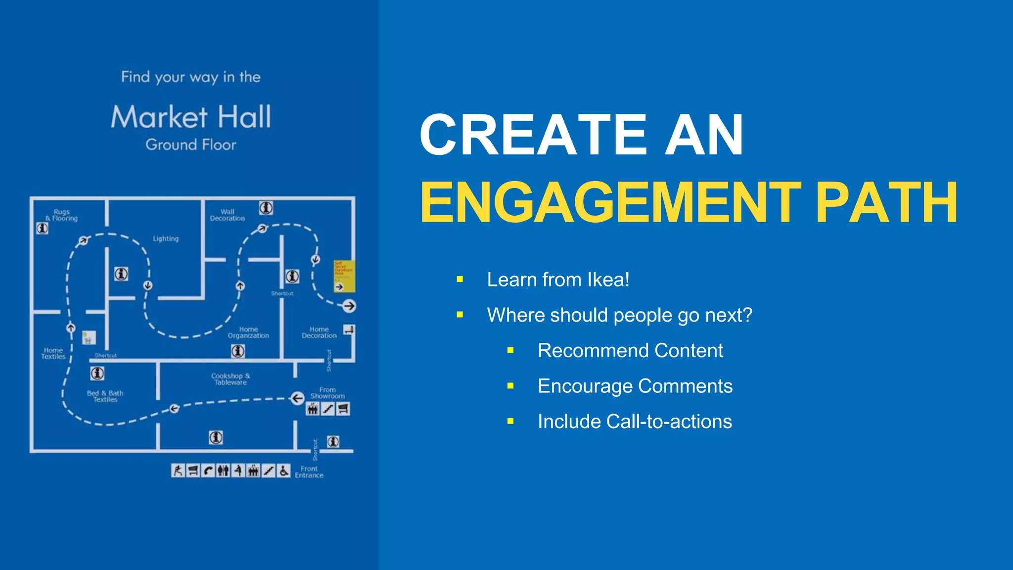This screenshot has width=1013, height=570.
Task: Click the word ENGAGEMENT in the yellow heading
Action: [610, 203]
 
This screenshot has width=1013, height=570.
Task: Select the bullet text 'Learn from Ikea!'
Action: [558, 280]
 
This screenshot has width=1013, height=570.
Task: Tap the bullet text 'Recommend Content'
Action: [630, 350]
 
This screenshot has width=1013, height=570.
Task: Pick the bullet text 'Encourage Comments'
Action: [635, 386]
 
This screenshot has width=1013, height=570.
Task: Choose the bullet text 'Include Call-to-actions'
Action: [635, 422]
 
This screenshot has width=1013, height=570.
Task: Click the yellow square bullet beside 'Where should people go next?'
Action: [460, 315]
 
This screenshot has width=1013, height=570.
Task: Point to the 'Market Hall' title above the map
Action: [191, 117]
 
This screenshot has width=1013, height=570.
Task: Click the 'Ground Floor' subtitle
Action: [191, 144]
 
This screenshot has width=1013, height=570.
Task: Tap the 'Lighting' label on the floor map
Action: [166, 238]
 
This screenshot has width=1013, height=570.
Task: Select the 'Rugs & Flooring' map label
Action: [62, 215]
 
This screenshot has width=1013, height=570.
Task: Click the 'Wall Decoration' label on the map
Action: [228, 215]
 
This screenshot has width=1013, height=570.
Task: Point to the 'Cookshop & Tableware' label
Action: [230, 379]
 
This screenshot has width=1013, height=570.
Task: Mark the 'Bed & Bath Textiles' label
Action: [105, 396]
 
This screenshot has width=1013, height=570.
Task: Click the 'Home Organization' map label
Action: [248, 332]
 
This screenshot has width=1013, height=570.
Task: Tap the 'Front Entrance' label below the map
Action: [309, 472]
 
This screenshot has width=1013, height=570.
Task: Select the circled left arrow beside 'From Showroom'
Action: [297, 398]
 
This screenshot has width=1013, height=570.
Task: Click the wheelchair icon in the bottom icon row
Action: [283, 471]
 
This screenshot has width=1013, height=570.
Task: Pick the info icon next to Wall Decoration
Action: [266, 208]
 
